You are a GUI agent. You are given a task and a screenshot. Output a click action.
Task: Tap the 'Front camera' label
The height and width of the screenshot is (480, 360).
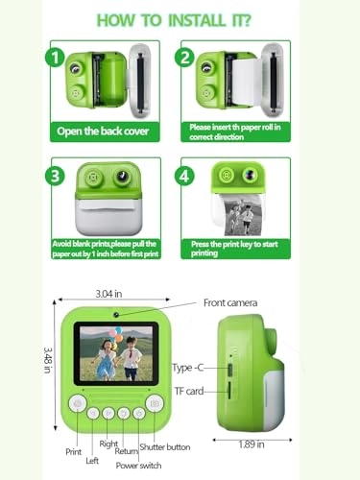(230, 302)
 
